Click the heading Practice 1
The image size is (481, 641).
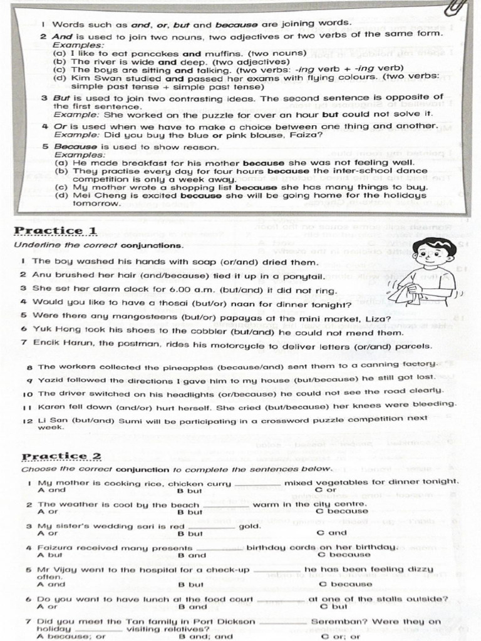pyautogui.click(x=56, y=231)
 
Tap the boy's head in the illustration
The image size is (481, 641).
pyautogui.click(x=433, y=254)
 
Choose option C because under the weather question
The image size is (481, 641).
pyautogui.click(x=342, y=511)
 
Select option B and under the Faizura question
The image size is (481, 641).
pyautogui.click(x=192, y=555)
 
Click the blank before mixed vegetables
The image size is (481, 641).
pyautogui.click(x=257, y=483)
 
